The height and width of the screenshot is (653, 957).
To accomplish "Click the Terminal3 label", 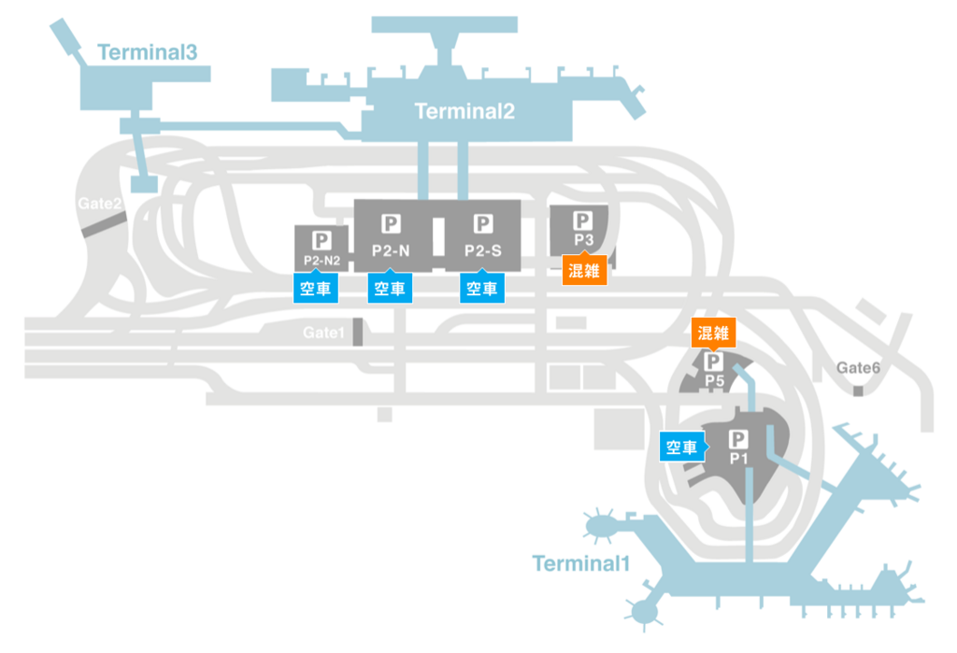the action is click(x=148, y=52).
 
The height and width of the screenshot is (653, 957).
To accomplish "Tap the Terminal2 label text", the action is click(x=464, y=111).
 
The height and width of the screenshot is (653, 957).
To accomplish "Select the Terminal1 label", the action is click(x=580, y=563).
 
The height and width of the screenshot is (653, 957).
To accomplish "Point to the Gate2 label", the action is click(x=99, y=204).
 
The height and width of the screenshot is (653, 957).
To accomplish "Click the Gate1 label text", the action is click(x=323, y=333).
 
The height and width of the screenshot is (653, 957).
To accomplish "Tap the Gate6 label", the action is click(x=858, y=367).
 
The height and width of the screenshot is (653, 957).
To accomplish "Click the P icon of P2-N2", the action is click(x=321, y=240).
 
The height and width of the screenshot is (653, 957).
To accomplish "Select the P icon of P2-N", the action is click(x=391, y=224).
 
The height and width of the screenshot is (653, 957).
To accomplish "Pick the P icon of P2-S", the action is click(x=483, y=224).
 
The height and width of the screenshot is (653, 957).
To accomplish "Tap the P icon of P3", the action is click(x=583, y=220).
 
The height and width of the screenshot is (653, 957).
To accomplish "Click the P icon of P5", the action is click(x=713, y=362).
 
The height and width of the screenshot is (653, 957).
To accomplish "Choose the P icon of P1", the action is click(x=738, y=439).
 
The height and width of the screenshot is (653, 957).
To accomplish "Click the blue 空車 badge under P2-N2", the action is click(x=316, y=288).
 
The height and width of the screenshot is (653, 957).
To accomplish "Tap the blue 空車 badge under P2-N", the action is click(x=390, y=288).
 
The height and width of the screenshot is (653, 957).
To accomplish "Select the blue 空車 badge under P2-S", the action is click(x=482, y=288).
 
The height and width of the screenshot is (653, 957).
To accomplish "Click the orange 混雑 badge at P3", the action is click(x=584, y=269).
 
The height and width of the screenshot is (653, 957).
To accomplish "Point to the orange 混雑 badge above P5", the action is click(x=713, y=334).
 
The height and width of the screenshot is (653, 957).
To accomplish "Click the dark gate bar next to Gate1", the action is click(x=358, y=332).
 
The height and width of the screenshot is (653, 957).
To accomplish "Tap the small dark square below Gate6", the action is click(x=858, y=390).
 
